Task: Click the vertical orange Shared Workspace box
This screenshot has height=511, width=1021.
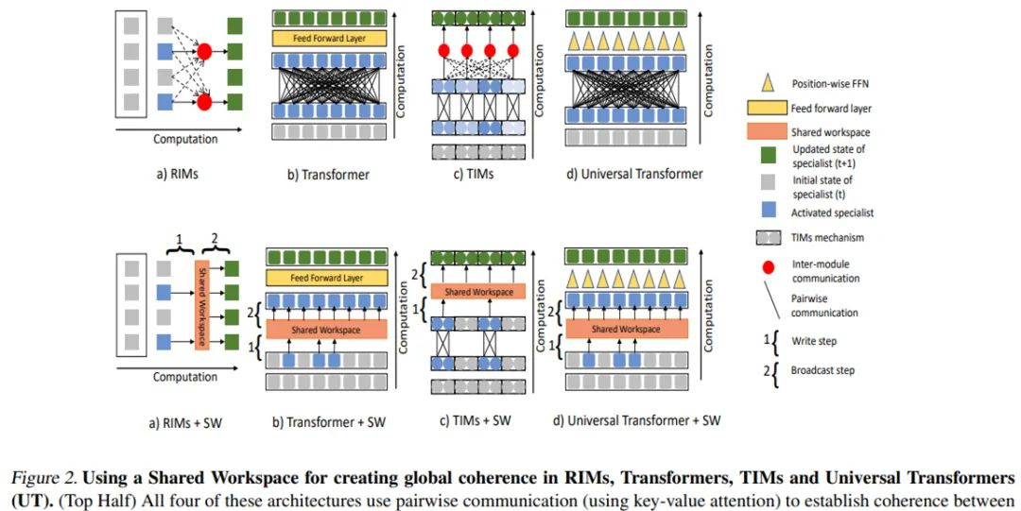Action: tap(199, 305)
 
